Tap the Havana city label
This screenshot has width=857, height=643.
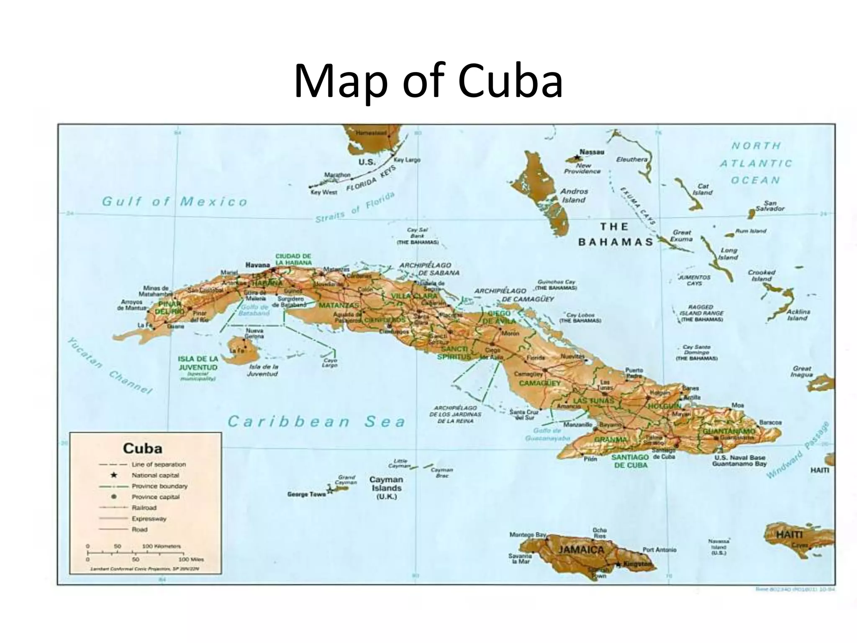(257, 265)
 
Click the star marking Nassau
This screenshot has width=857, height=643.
(577, 158)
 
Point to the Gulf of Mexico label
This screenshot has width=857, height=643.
(174, 202)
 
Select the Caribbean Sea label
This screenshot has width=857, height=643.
(316, 422)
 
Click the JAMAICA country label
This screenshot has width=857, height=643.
(581, 550)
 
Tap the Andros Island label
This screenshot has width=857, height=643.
(574, 195)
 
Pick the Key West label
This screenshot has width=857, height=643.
(323, 192)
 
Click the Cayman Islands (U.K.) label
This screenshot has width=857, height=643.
(386, 488)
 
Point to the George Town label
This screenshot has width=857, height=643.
(306, 494)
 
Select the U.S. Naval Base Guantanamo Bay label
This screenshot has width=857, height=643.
(739, 461)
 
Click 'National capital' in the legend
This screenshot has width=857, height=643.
(155, 475)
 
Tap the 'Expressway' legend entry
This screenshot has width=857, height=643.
(149, 519)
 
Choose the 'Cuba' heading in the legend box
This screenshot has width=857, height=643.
(142, 448)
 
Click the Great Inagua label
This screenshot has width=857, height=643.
(801, 371)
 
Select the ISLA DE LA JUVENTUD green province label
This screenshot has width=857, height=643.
(198, 363)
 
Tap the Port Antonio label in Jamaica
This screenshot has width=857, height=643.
(659, 550)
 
